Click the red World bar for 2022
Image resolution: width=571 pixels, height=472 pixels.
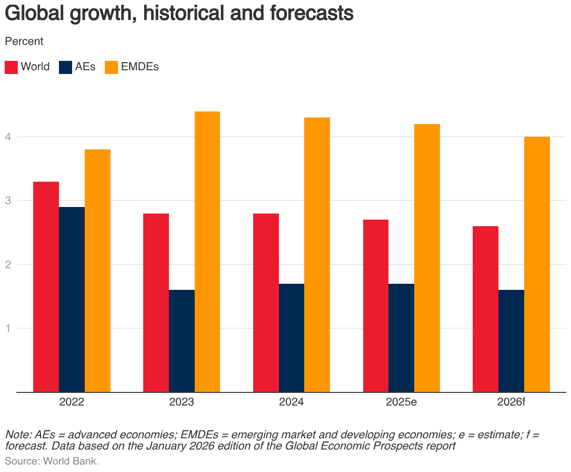point(46,287)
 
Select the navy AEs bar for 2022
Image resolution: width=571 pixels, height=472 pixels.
point(72,300)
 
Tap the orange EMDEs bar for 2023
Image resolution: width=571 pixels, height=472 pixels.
point(207,251)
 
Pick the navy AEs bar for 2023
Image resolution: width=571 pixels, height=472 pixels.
point(182,341)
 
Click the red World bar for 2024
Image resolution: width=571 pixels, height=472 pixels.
point(266,302)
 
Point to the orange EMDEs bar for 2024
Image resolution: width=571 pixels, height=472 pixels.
point(317,255)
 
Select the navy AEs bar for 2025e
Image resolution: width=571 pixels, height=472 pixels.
point(401,338)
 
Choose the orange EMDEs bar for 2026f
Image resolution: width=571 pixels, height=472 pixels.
point(537,264)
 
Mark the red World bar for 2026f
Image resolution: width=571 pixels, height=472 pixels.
point(485,309)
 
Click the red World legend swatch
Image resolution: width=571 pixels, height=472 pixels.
point(11,67)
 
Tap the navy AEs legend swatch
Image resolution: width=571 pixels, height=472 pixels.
point(66,67)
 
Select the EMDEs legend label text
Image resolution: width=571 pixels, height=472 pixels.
point(139,67)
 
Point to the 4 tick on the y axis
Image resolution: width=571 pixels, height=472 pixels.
point(8,137)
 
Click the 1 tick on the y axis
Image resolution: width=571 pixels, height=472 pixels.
point(8,328)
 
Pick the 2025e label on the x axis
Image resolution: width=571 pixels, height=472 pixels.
point(401,402)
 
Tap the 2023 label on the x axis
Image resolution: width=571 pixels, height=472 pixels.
point(182,402)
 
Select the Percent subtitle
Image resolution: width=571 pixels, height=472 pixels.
point(24,41)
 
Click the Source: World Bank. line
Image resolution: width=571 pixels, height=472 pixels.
point(52,461)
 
